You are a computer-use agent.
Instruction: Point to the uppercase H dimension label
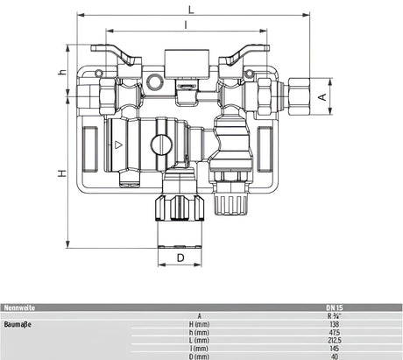61,173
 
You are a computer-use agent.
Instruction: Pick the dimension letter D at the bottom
180,258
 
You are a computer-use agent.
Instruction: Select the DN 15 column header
330,307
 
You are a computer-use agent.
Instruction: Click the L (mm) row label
200,340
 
